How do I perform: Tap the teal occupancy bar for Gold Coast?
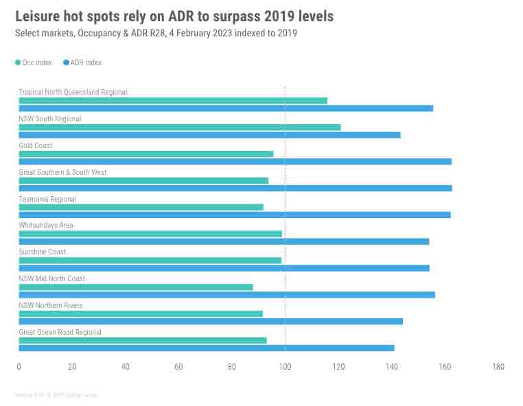point(146,154)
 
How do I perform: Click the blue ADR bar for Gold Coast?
point(235,162)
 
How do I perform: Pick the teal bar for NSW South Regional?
point(179,127)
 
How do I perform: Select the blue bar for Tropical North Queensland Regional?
point(226,108)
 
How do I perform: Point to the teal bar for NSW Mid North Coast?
point(135,287)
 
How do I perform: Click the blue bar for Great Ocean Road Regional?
point(206,348)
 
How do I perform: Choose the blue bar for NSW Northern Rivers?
point(210,322)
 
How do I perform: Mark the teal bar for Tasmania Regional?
point(141,207)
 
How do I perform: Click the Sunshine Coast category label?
point(43,252)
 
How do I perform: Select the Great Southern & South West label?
point(62,172)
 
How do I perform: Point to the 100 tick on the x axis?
point(285,367)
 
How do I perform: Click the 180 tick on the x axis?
point(498,367)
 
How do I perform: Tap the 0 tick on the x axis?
point(19,367)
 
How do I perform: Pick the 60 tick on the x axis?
point(178,367)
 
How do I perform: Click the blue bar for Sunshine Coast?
point(224,268)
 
